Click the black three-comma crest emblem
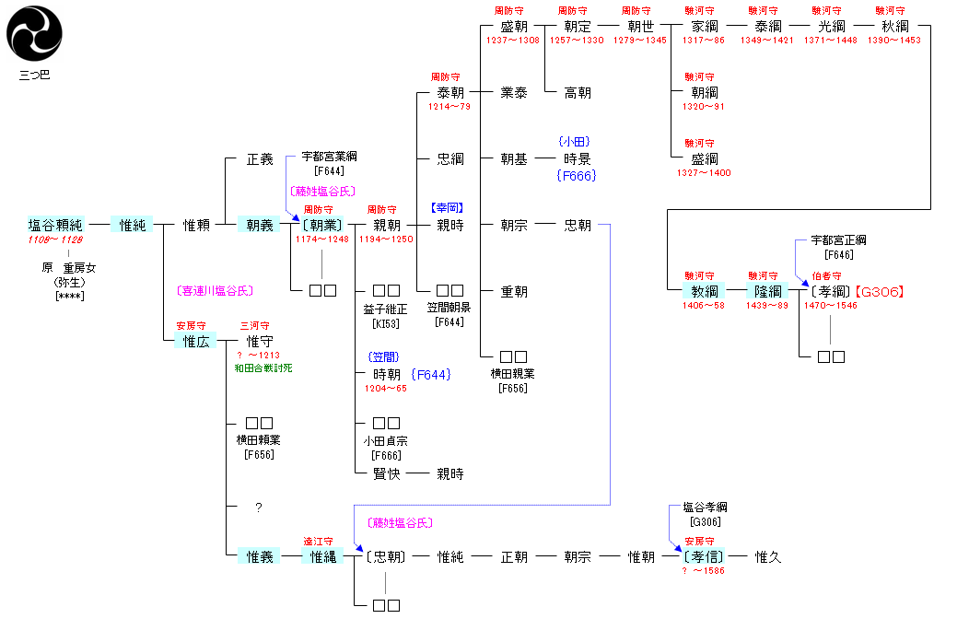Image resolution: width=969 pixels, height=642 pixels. pos(35,35)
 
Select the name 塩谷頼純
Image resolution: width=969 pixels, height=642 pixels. pos(55,225)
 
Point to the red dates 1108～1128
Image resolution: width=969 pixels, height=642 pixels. pos(55,239)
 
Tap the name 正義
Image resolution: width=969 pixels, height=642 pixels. pos(260,159)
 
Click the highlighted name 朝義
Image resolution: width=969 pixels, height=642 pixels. pos(260,225)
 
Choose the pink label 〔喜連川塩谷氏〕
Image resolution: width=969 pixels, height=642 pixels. pos(214,290)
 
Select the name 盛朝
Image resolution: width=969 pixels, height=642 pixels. pos(514,27)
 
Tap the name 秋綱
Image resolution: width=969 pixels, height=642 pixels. pos(894,27)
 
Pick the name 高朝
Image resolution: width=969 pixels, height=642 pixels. pos(578,92)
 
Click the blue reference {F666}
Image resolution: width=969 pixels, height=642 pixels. pos(577,175)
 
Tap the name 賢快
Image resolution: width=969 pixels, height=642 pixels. pos(387,474)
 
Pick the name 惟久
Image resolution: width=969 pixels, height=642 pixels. pos(768,556)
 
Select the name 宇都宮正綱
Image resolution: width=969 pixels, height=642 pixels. pos(838,240)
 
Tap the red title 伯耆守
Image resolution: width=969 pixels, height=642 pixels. pos(826,275)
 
